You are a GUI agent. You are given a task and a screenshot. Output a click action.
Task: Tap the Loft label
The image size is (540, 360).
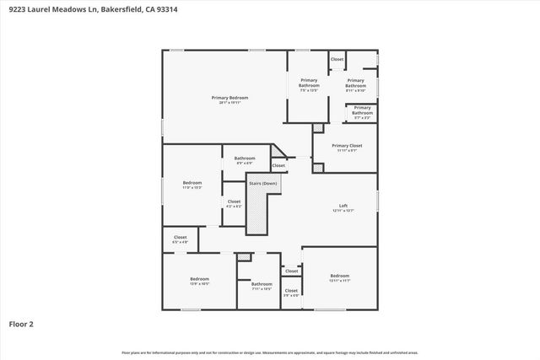(x=343, y=206)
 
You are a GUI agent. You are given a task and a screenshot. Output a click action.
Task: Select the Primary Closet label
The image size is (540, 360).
(x=346, y=146)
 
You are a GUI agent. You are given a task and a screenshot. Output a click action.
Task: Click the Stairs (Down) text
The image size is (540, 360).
(x=262, y=183)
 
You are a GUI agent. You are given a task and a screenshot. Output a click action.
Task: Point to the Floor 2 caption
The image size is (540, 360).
(x=21, y=323)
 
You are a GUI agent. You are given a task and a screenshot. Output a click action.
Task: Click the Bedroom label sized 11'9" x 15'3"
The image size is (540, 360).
(x=192, y=183)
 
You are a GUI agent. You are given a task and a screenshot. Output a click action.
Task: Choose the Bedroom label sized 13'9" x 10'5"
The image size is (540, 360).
(x=199, y=279)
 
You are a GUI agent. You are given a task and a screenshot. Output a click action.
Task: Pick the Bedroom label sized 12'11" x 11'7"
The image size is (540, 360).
(x=339, y=276)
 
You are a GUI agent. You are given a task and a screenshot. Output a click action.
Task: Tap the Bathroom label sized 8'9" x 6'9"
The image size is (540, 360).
(x=245, y=158)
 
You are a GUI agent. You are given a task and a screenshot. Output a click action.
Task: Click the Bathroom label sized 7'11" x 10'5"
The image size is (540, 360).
(x=262, y=284)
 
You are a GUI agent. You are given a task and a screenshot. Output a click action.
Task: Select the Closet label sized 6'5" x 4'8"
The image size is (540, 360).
(x=180, y=238)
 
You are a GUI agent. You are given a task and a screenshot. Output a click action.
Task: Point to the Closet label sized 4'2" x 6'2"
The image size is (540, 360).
(x=234, y=201)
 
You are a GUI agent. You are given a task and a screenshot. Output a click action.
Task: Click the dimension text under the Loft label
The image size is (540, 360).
(x=343, y=211)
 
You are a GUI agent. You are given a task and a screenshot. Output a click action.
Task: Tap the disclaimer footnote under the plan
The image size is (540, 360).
(x=270, y=352)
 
